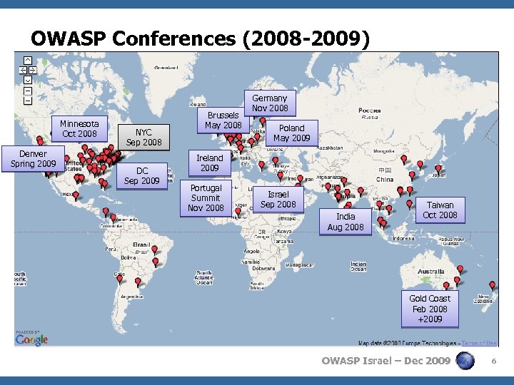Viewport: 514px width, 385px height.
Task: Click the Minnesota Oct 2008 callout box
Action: click(79, 129)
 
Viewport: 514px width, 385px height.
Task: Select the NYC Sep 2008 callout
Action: click(143, 137)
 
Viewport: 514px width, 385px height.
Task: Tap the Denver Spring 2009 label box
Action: click(33, 159)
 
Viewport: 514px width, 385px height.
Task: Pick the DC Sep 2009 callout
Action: click(142, 176)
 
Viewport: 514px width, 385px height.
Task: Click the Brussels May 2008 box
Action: click(223, 120)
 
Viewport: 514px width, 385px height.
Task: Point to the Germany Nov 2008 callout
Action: click(269, 103)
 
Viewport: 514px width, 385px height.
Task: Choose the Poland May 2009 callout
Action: click(291, 133)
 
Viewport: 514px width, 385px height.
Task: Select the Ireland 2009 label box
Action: click(210, 163)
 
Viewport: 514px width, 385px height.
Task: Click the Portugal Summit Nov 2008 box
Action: click(206, 198)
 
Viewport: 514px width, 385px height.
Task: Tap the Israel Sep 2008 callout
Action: click(278, 200)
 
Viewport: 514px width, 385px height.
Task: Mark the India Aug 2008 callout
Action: click(346, 222)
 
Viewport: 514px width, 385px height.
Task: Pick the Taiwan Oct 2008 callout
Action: click(440, 210)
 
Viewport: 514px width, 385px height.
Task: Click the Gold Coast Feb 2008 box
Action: click(430, 309)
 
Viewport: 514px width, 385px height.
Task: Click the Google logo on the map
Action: click(32, 340)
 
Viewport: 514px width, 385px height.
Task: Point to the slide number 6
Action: click(493, 361)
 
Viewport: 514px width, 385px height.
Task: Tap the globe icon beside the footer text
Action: click(465, 361)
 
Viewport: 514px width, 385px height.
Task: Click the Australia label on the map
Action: click(430, 272)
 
